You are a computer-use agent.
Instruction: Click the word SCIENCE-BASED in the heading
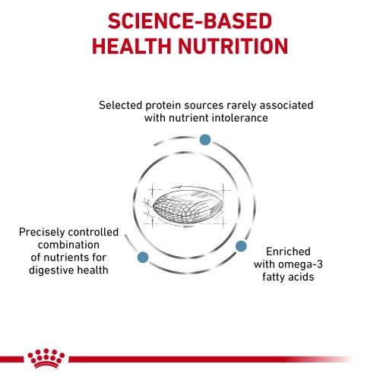(190, 20)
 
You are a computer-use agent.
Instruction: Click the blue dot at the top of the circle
(204, 140)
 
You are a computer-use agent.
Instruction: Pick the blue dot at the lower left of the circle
(141, 258)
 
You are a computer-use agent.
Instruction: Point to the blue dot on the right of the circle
(241, 246)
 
